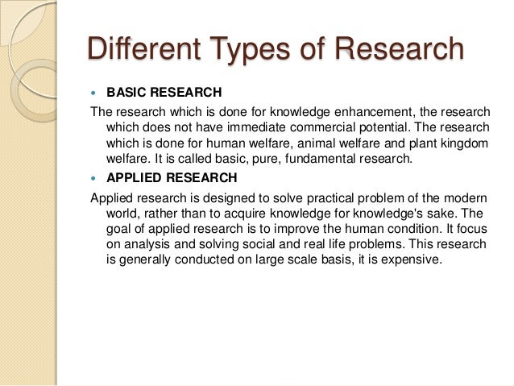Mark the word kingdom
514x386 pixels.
pyautogui.click(x=462, y=143)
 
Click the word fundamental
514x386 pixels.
pyautogui.click(x=316, y=160)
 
